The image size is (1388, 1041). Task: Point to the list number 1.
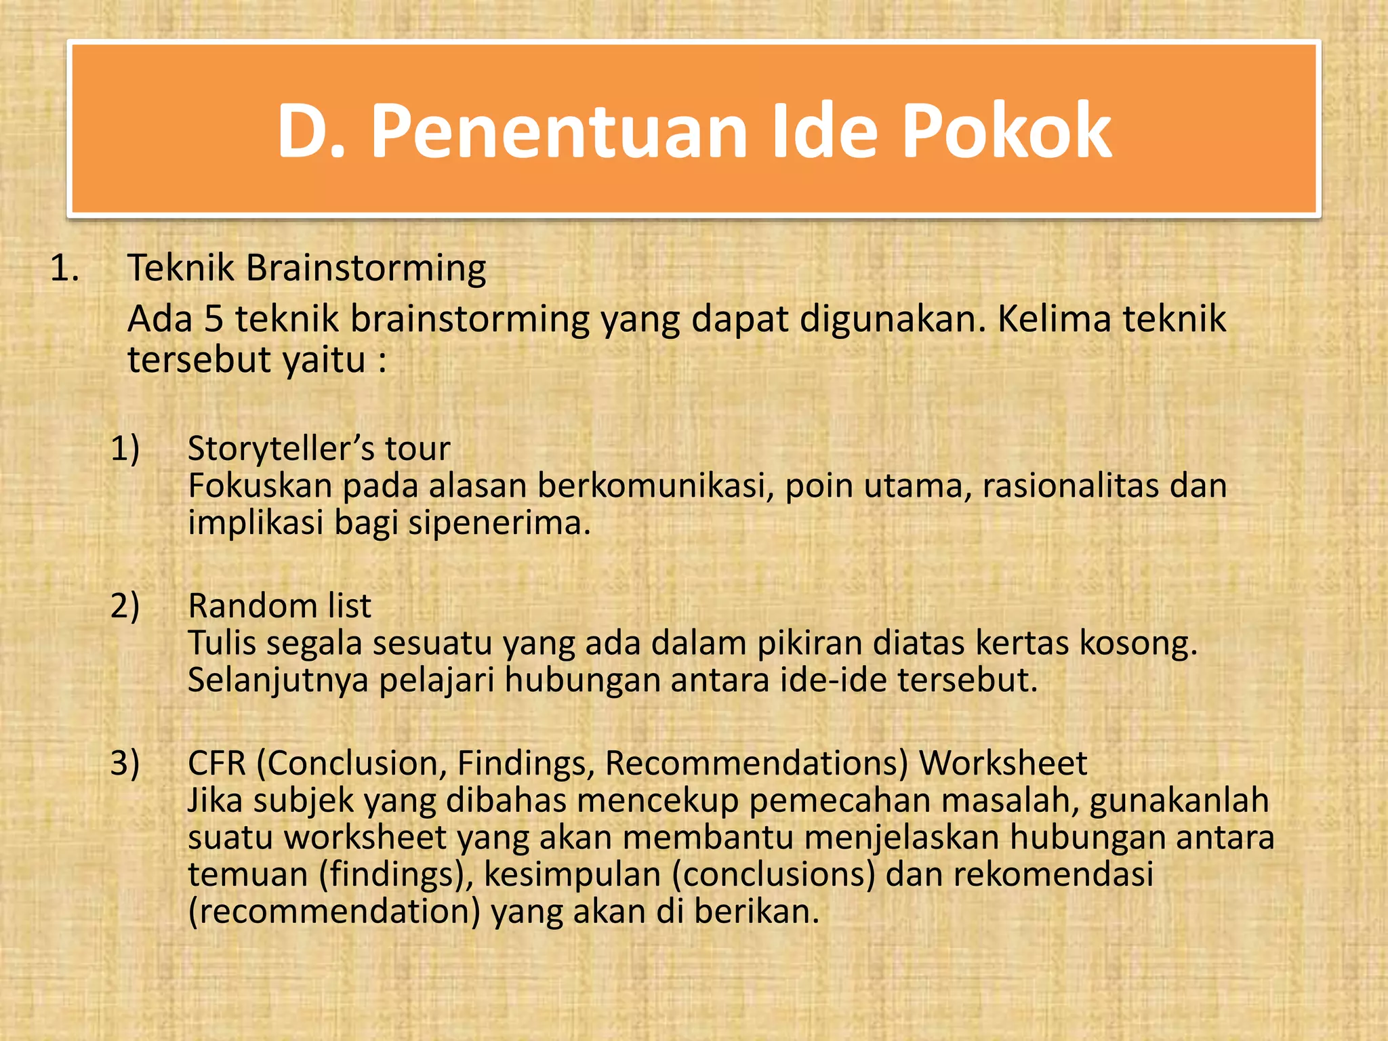click(x=64, y=268)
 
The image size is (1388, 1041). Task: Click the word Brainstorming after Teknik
click(x=365, y=268)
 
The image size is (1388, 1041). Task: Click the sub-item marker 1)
click(x=125, y=449)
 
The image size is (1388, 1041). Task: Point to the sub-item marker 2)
click(x=125, y=605)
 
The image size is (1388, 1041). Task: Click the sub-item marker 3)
click(x=125, y=763)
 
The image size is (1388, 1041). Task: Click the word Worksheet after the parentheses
click(x=1003, y=763)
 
